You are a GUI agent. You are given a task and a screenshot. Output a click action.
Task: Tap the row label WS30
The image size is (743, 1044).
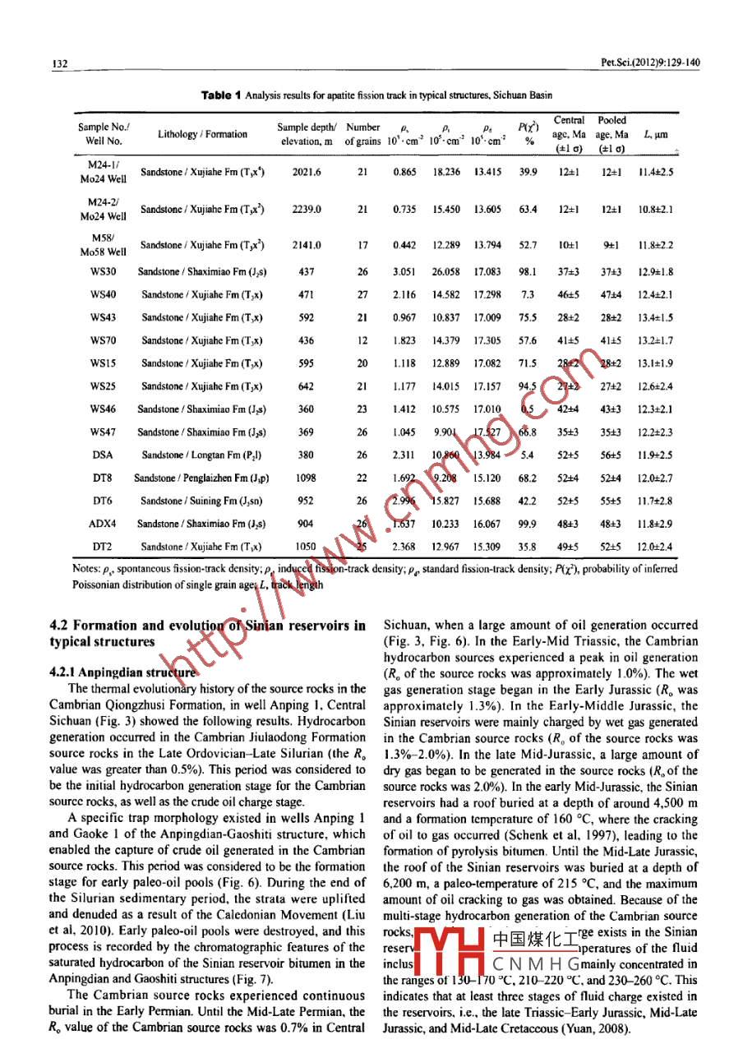pos(103,271)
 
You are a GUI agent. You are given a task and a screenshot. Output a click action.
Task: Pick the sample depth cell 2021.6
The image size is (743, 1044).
pos(306,172)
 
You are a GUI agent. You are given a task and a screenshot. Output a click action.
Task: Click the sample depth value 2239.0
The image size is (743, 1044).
pos(306,209)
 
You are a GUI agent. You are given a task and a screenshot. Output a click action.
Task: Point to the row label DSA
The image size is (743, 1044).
pos(103,455)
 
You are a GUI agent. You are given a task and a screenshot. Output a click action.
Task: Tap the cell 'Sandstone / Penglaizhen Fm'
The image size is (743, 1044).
pos(201,478)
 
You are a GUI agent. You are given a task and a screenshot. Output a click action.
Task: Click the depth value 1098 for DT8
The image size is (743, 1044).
pos(306,478)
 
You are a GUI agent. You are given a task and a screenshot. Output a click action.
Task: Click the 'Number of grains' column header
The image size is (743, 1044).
pos(363,134)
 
